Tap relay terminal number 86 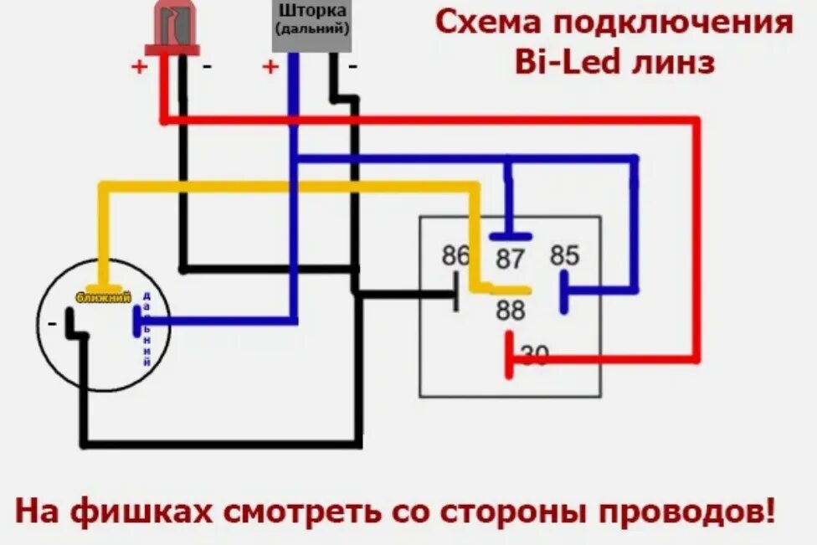455,256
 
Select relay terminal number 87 509,260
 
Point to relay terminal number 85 565,255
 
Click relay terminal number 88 509,311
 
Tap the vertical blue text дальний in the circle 147,330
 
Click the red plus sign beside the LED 138,67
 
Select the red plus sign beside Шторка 270,67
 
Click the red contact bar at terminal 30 508,354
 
